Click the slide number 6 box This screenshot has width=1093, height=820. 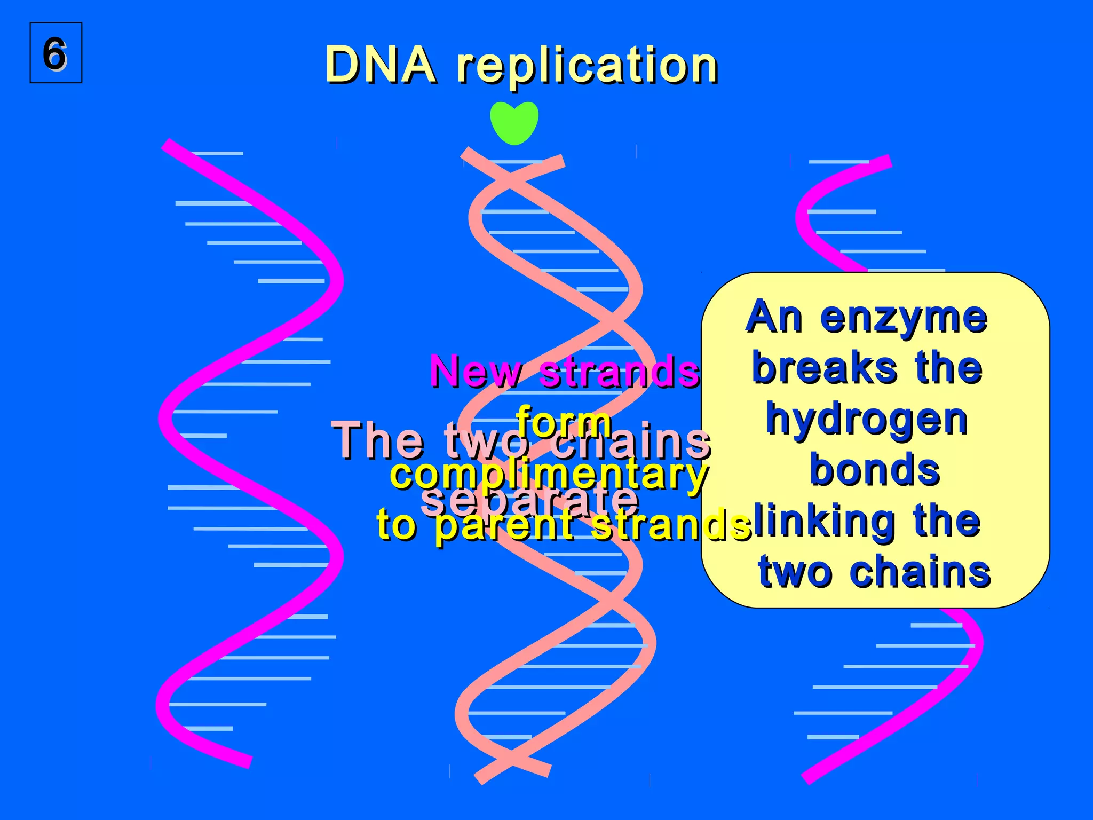tap(56, 53)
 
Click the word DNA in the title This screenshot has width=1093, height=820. tap(380, 65)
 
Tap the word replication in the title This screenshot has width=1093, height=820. tap(587, 66)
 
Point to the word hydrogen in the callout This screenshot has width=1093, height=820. tap(867, 420)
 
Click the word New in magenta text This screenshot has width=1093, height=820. tap(476, 370)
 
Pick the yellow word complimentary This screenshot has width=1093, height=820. tap(549, 474)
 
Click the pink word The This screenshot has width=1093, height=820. tap(378, 441)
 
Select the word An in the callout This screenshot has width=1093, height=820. tap(774, 318)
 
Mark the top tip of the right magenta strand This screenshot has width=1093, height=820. tap(889, 160)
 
